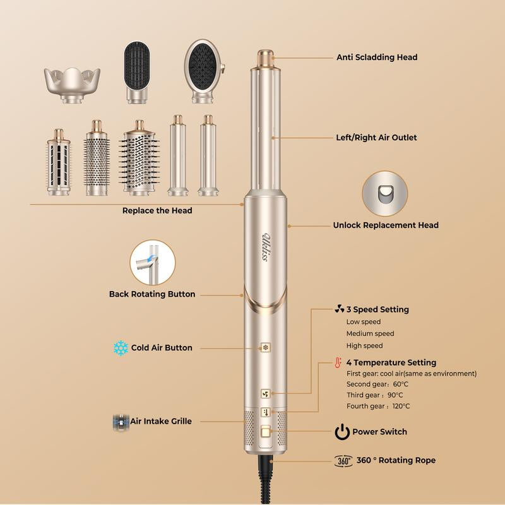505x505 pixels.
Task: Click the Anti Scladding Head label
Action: [376, 57]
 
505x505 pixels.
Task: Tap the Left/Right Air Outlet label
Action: [376, 138]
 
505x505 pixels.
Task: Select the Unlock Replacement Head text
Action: [386, 225]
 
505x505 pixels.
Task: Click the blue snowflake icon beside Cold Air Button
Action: [121, 348]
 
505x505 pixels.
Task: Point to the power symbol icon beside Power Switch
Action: [342, 432]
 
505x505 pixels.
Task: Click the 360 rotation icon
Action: [343, 461]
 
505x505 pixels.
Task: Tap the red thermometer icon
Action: [338, 363]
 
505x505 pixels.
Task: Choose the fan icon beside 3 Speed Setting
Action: [340, 310]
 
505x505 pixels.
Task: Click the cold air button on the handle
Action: [266, 347]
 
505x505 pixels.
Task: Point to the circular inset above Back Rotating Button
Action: [152, 262]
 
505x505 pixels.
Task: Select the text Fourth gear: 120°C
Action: [377, 406]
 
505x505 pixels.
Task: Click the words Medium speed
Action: [370, 333]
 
